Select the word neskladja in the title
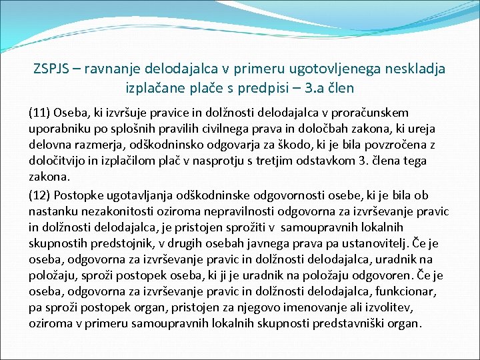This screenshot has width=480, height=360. (x=413, y=69)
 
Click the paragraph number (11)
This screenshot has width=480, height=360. (x=39, y=113)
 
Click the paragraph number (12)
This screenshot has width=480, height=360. (x=39, y=195)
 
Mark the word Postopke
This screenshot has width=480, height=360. (x=77, y=195)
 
